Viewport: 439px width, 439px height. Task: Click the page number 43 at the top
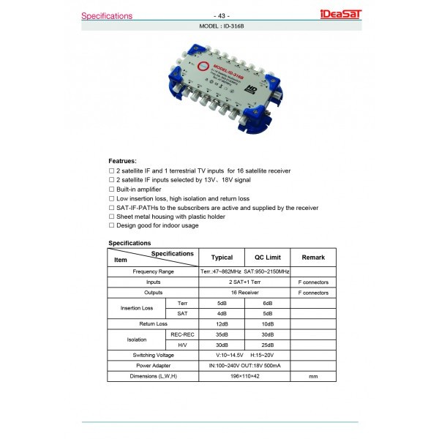(x=219, y=15)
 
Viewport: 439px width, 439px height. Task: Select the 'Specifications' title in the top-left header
(x=107, y=15)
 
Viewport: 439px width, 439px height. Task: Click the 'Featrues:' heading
(x=122, y=160)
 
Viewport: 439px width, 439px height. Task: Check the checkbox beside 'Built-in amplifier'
(x=111, y=189)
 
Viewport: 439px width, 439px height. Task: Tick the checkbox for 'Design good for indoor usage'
(x=111, y=226)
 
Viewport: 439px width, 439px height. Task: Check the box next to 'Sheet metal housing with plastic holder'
(x=111, y=217)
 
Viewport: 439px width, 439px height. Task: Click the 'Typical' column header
(x=222, y=258)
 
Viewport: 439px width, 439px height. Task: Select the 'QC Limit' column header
(x=267, y=258)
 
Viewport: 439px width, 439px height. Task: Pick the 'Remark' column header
(x=312, y=258)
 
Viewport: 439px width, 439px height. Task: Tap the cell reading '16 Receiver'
(x=244, y=293)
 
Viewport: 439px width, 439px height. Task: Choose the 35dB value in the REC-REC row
(x=222, y=334)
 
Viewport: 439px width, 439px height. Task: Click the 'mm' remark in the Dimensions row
(x=312, y=375)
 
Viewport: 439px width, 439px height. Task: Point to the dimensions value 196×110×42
(x=244, y=375)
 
